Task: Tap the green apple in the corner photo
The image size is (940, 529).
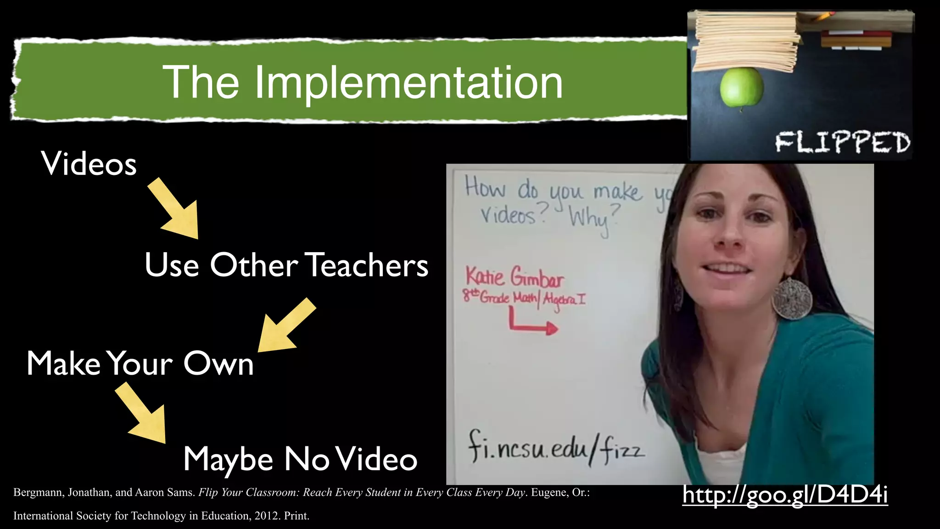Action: tap(741, 87)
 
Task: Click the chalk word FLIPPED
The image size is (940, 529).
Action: tap(843, 142)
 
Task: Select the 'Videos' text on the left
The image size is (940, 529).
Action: tap(89, 163)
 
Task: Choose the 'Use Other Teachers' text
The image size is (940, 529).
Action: tap(286, 265)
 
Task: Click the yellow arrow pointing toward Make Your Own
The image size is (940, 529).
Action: tap(285, 326)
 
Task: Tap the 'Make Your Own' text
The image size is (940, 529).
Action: tap(140, 363)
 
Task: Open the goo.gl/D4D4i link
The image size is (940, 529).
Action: tap(785, 495)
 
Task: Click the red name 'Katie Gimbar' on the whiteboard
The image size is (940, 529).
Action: tap(514, 277)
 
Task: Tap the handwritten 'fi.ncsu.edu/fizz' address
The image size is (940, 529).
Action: tap(555, 448)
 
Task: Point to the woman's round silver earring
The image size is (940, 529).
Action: tap(792, 298)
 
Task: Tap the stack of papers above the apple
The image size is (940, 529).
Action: tap(746, 41)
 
